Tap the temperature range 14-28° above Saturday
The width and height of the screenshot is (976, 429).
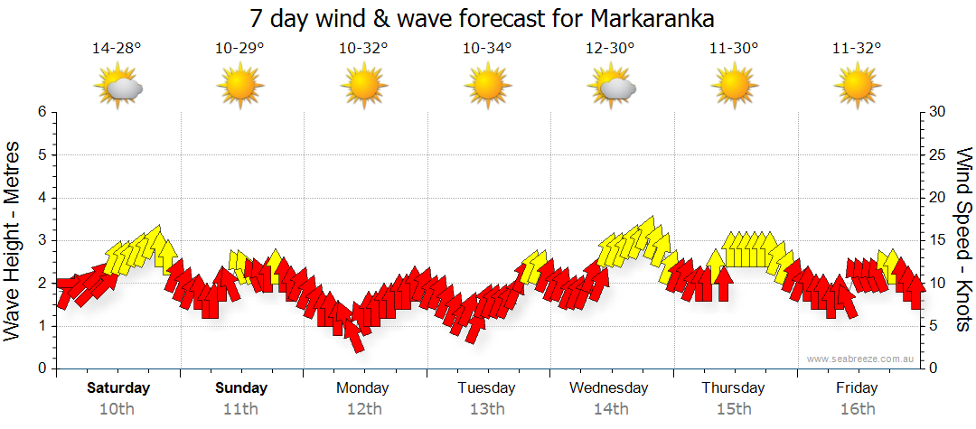click(x=117, y=49)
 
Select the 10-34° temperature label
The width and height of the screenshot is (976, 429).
click(x=486, y=49)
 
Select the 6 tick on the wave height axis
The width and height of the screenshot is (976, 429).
click(x=41, y=112)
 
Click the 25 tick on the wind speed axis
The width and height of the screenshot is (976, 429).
click(x=938, y=154)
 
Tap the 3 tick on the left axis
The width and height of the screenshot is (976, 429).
click(x=41, y=240)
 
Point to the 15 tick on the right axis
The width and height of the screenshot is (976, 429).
click(x=938, y=240)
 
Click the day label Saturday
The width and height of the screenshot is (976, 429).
click(x=118, y=388)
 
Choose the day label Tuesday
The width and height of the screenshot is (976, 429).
click(x=486, y=388)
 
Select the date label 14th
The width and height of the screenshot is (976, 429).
click(x=611, y=409)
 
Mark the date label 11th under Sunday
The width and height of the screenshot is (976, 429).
click(x=241, y=409)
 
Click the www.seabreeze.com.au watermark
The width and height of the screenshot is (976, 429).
click(x=862, y=359)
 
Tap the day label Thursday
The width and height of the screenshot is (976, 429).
click(x=734, y=388)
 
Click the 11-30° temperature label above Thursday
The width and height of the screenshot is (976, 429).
click(x=734, y=49)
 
